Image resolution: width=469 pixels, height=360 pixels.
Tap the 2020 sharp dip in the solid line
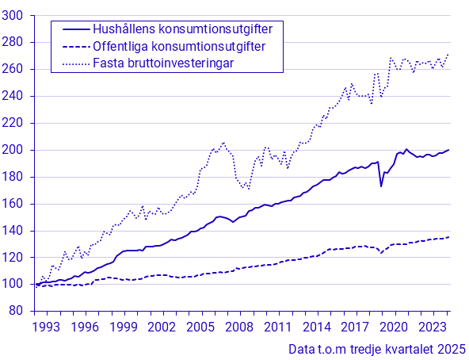pyautogui.click(x=381, y=186)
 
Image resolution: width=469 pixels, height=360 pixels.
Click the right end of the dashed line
pyautogui.click(x=449, y=237)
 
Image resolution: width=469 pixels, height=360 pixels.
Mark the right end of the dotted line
pyautogui.click(x=449, y=55)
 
